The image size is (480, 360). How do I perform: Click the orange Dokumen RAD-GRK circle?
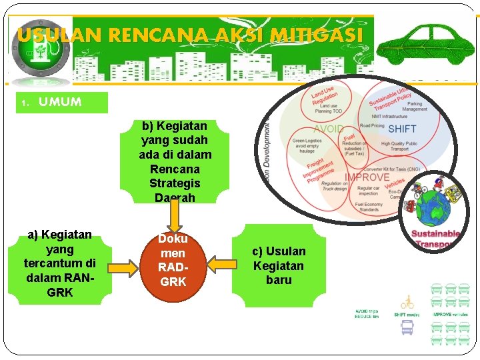(173, 260)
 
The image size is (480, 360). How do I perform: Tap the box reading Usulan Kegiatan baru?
(279, 265)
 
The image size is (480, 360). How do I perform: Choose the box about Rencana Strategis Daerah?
(174, 161)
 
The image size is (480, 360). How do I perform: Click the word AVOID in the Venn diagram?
(329, 129)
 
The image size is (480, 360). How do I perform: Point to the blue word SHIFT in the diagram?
(402, 129)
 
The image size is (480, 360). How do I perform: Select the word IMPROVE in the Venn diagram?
(367, 178)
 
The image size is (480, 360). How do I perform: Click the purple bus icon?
(407, 327)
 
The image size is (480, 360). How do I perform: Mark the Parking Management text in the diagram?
(414, 107)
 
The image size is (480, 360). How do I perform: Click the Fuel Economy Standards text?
(369, 207)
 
